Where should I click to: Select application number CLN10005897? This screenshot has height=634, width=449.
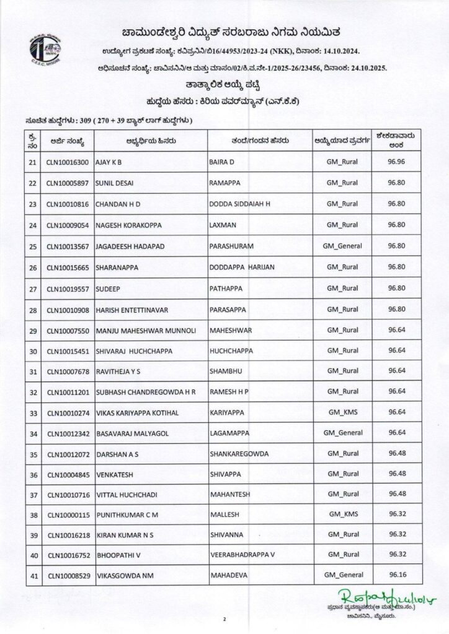tap(68, 183)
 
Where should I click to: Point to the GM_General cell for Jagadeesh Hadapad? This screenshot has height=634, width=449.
tap(342, 246)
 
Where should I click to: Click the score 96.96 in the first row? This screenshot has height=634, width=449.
tap(396, 162)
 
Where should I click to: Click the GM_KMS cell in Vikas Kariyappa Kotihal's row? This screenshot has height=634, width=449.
tap(342, 413)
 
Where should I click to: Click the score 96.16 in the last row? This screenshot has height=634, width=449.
tap(396, 575)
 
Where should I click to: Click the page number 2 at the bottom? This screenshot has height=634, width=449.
tap(225, 619)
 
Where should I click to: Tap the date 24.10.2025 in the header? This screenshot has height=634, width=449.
tap(362, 67)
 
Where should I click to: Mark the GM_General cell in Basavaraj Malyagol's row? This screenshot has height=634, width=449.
tap(342, 433)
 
